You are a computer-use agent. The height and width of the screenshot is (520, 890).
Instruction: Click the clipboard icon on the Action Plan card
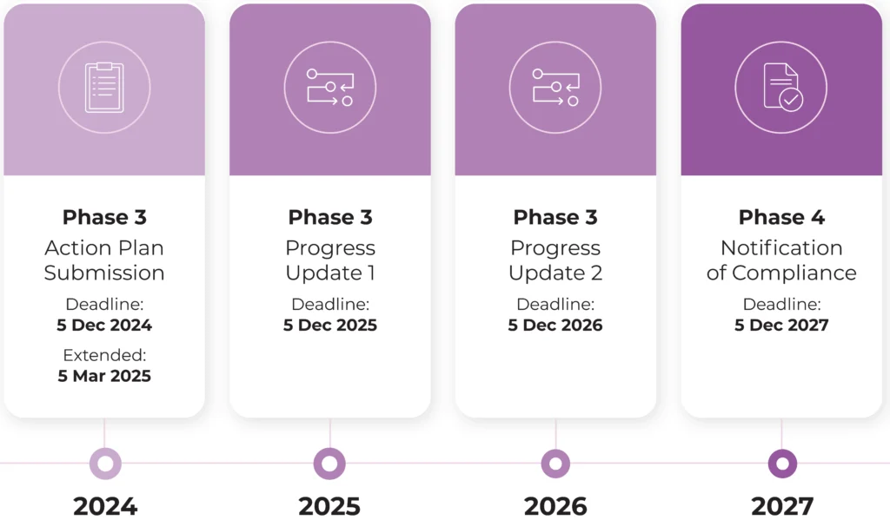click(104, 87)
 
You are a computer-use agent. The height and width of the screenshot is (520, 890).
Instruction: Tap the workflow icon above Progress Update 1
click(330, 87)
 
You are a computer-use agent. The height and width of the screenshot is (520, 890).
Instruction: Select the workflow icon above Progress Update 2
click(555, 87)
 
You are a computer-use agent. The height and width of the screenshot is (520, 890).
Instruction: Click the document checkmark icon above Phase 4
click(781, 87)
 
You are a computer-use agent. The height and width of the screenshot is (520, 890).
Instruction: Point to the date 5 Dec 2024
click(104, 326)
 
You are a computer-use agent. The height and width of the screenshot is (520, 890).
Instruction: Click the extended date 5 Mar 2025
click(104, 376)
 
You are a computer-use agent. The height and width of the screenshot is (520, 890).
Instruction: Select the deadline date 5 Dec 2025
click(330, 326)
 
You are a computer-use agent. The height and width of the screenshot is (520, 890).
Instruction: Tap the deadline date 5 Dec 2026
click(555, 326)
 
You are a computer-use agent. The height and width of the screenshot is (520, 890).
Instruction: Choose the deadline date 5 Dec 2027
click(781, 326)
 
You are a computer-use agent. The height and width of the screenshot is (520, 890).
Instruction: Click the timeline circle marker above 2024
click(105, 464)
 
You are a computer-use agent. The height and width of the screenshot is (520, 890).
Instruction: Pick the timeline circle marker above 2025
click(329, 464)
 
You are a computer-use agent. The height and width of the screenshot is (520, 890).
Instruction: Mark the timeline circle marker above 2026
click(555, 464)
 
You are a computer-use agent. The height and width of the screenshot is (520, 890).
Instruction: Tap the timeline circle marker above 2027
click(782, 464)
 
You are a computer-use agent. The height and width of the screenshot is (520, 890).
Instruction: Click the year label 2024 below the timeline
click(105, 506)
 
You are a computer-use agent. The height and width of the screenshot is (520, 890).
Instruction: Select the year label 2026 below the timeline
click(555, 506)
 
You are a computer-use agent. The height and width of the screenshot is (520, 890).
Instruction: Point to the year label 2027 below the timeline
click(782, 506)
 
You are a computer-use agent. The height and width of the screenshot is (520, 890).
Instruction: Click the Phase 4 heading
click(781, 217)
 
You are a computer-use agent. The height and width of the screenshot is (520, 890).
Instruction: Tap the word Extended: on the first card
click(104, 355)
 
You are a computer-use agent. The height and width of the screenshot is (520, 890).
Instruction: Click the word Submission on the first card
click(104, 273)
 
